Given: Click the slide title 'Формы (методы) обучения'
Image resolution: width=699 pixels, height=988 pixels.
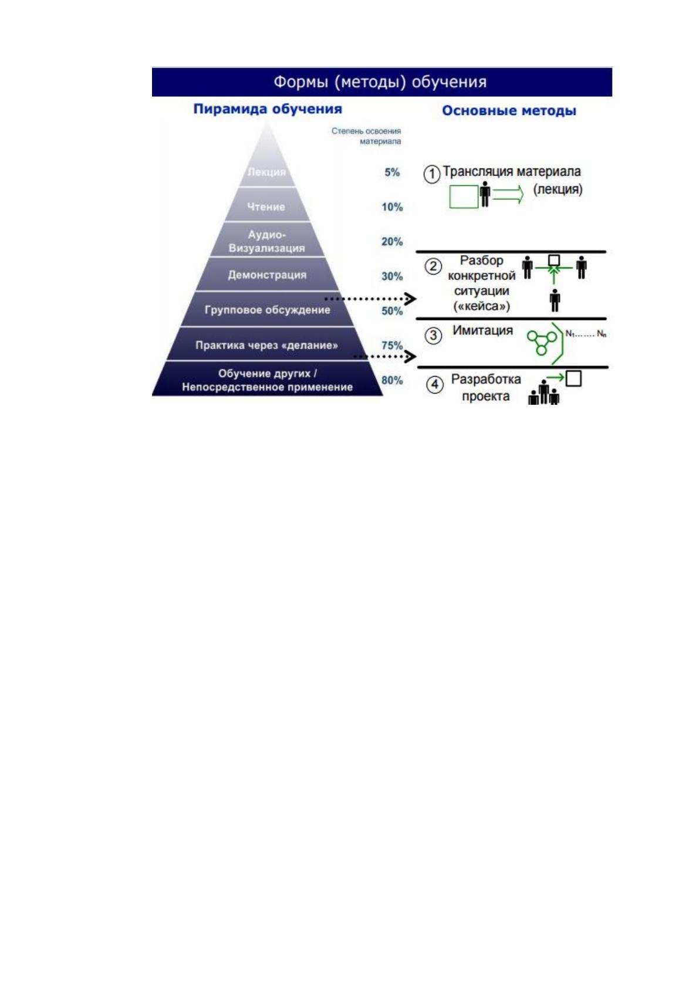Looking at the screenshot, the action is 380,82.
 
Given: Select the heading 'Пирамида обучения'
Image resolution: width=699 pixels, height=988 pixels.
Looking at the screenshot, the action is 268,109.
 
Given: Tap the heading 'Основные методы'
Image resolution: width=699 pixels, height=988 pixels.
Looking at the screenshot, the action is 509,110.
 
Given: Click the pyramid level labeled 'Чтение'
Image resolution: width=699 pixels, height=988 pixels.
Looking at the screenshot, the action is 266,207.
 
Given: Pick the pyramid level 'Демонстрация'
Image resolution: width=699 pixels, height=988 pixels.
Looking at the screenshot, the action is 267,275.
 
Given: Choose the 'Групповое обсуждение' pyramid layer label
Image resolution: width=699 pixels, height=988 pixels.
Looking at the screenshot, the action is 267,310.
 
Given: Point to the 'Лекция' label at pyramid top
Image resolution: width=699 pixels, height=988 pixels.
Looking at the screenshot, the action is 266,172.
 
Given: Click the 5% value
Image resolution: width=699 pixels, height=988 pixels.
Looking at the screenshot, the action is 392,172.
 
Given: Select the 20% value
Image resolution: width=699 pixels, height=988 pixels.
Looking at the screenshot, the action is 392,241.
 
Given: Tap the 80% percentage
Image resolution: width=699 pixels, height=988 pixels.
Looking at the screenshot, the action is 392,380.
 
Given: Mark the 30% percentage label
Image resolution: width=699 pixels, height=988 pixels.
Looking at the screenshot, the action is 392,276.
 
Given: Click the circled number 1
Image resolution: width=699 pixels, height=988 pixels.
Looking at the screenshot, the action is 432,174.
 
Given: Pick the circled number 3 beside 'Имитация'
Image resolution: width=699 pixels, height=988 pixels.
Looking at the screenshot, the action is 433,336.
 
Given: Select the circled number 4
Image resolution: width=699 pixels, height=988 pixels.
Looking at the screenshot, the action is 434,385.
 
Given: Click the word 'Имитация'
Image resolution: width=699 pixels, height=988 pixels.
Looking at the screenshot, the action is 482,330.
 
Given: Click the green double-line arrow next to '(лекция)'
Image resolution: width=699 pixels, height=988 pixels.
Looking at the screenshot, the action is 508,194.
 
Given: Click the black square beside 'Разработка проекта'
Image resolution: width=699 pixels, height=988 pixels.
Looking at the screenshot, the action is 573,378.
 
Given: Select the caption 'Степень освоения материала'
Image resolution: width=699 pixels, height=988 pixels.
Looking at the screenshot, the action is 366,136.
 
